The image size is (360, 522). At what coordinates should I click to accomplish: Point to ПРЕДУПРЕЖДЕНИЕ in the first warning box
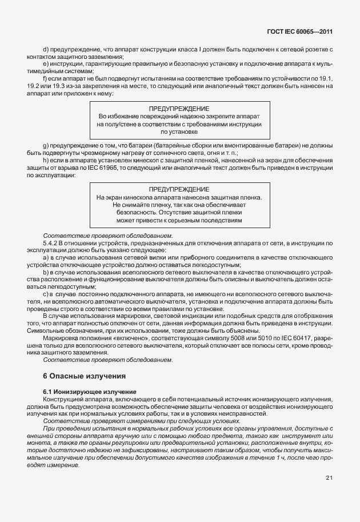[179, 108]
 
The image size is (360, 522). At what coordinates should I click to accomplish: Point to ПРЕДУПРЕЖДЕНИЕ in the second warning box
[179, 189]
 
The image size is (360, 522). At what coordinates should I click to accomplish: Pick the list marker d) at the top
[46, 51]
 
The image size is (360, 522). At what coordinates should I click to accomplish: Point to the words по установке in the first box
[179, 131]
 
